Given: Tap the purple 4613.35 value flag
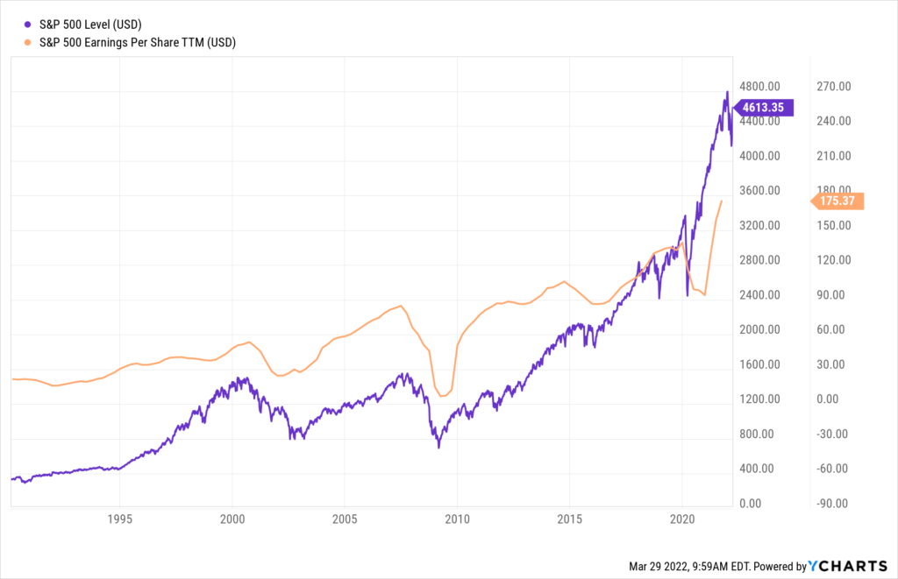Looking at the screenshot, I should click(x=765, y=108).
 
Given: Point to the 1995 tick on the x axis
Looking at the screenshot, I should click(x=119, y=518).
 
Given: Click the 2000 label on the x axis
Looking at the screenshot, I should click(x=232, y=518).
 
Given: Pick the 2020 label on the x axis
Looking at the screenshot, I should click(x=683, y=518).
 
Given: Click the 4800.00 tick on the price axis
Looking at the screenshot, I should click(x=759, y=87).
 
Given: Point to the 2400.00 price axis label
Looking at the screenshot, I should click(x=759, y=295).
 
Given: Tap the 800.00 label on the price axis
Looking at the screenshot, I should click(x=757, y=434).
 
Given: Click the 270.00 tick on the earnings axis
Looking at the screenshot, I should click(x=833, y=87).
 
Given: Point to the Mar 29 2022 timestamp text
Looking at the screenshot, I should click(x=706, y=567).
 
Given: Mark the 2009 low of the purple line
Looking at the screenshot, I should click(x=438, y=448).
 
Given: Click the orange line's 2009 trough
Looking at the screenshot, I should click(x=443, y=397).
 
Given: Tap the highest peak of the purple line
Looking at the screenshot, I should click(x=727, y=92).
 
